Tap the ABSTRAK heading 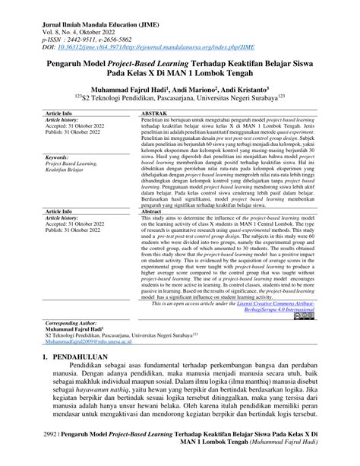[x=156, y=113]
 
